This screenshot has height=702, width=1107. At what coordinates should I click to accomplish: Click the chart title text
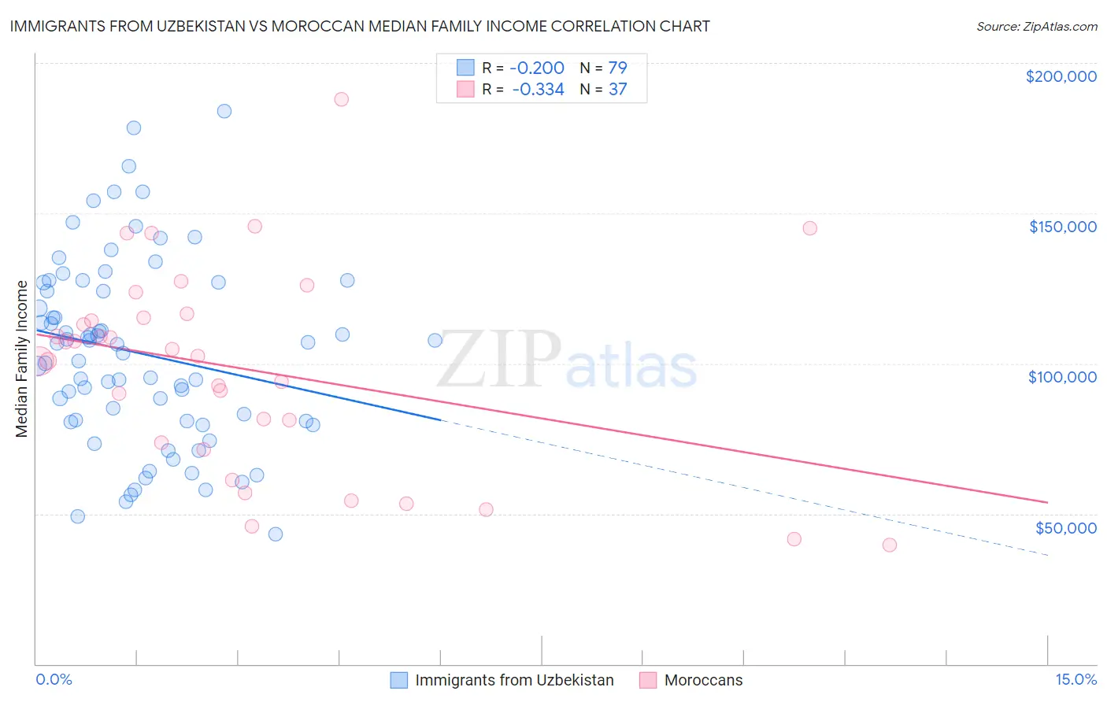tap(360, 27)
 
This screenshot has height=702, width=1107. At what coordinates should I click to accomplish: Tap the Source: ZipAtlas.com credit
tap(1036, 27)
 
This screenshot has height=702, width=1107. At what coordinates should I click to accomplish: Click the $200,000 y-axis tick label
tap(1061, 76)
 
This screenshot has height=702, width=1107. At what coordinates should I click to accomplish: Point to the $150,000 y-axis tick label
tap(1062, 227)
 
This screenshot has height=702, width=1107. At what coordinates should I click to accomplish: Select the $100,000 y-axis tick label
tap(1062, 377)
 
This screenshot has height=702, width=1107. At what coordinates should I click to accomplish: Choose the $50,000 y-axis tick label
tap(1065, 527)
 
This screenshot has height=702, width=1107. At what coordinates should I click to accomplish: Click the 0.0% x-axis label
tap(54, 679)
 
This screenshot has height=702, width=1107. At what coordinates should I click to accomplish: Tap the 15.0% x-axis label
tap(1076, 679)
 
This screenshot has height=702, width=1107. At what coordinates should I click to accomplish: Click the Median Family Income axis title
tap(22, 358)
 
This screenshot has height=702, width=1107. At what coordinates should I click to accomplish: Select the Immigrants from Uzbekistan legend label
tap(514, 680)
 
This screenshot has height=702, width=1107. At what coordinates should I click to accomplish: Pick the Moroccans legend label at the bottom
tap(703, 680)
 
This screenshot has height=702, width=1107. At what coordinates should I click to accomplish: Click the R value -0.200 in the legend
tap(537, 68)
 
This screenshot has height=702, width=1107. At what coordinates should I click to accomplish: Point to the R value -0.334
tap(538, 90)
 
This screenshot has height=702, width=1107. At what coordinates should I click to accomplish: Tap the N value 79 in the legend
tap(617, 68)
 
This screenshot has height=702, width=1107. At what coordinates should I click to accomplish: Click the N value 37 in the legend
tap(617, 90)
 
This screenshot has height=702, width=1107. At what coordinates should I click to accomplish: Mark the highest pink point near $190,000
tap(341, 99)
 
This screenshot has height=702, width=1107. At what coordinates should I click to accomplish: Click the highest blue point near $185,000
tap(224, 111)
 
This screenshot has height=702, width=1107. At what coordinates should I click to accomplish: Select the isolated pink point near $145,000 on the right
tap(809, 228)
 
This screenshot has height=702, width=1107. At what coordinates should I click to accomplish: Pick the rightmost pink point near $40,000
tap(890, 545)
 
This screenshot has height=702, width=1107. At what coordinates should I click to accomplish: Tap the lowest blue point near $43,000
tap(276, 534)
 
